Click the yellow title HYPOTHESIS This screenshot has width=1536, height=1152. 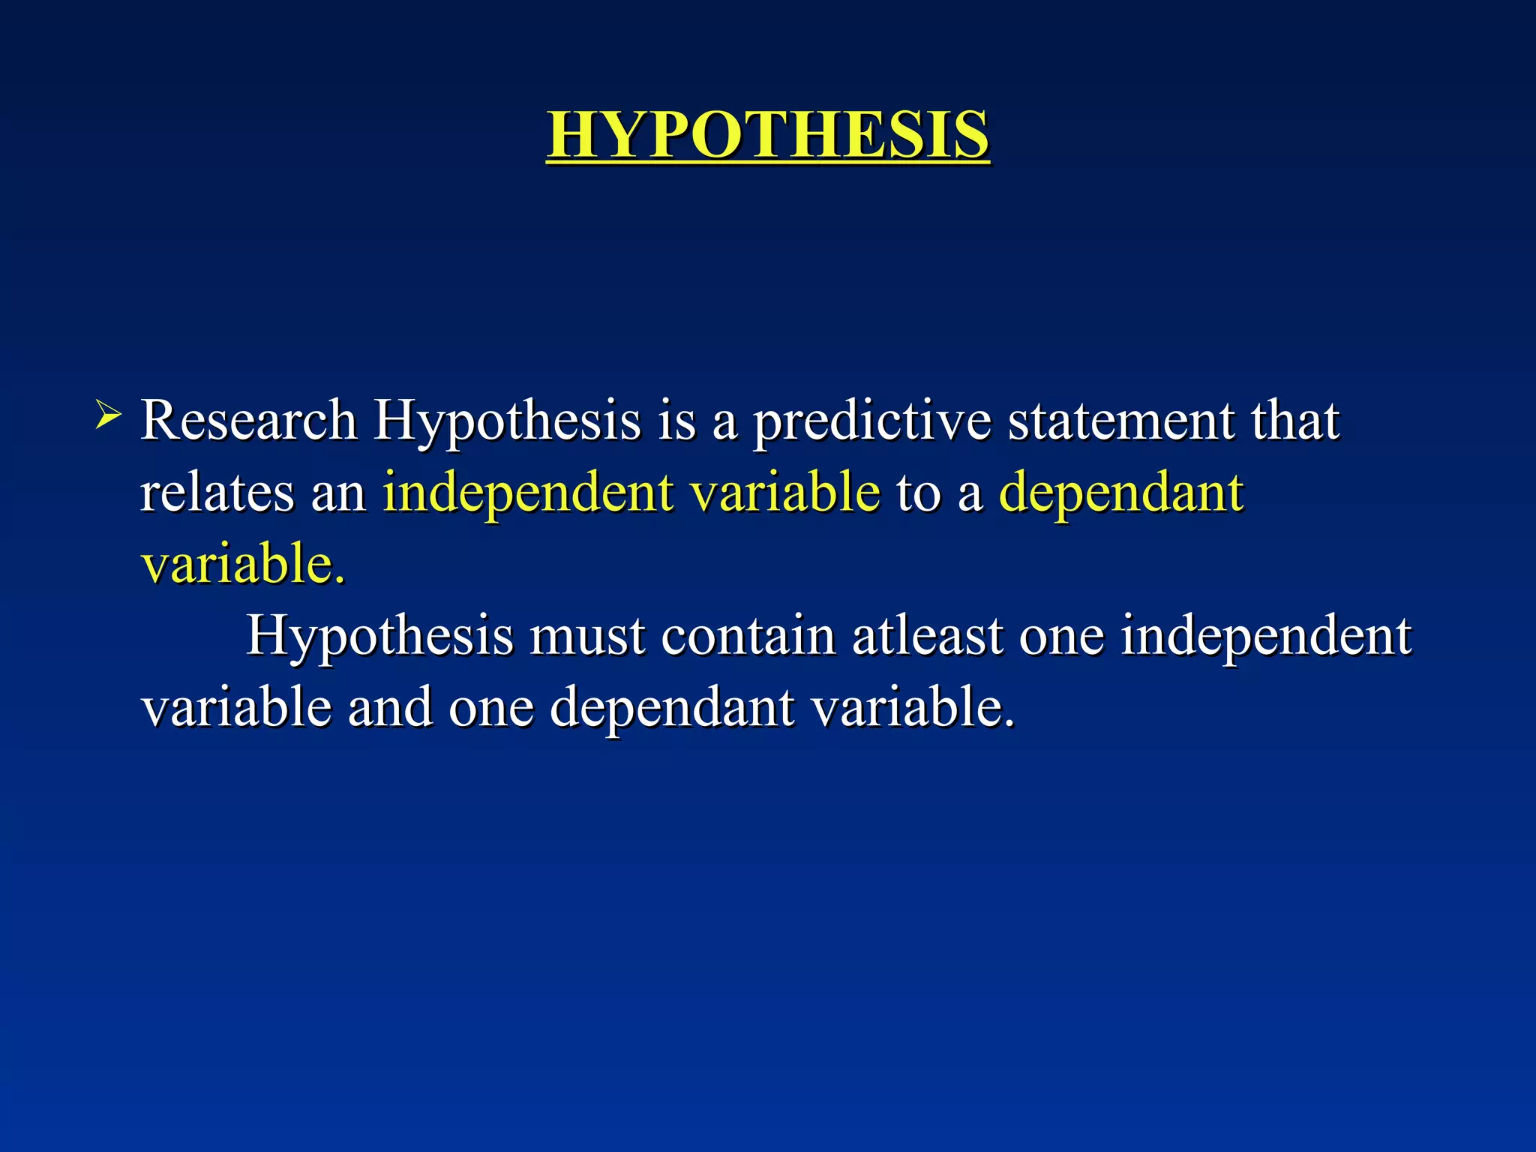[767, 135]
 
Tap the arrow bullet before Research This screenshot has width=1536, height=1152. [108, 414]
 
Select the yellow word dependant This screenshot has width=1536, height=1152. [1121, 493]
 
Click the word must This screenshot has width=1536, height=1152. [586, 636]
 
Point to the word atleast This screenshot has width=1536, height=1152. [927, 636]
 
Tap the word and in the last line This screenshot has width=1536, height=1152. [390, 707]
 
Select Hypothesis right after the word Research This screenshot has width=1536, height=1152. [507, 421]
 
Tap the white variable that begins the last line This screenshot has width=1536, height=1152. [236, 707]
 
